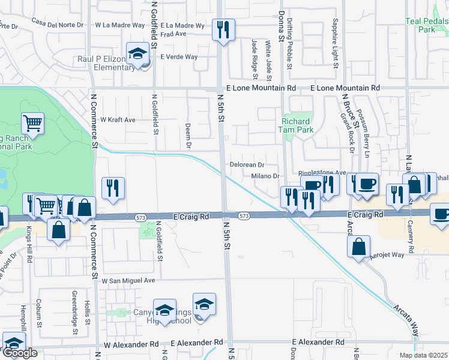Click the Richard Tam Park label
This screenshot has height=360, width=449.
295,125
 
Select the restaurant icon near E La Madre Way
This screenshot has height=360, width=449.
223,29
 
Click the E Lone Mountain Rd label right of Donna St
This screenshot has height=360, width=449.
345,88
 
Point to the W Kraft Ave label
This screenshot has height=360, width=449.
118,120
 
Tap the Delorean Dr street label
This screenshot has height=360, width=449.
247,164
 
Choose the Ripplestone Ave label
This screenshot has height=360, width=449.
322,172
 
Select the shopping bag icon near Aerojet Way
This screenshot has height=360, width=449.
358,246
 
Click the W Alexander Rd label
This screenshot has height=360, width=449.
131,345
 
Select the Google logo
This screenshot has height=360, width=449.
20,353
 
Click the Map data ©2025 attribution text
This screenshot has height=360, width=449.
423,355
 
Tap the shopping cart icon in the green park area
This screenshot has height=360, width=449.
33,124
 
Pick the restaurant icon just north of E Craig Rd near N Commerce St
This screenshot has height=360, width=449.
113,188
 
